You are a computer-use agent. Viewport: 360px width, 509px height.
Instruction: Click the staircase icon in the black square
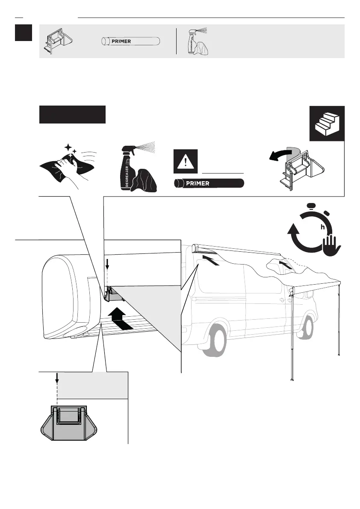coord(327,123)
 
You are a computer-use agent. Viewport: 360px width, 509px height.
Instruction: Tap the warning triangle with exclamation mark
coord(186,161)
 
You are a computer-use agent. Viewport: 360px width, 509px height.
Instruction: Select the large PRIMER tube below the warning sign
coord(209,183)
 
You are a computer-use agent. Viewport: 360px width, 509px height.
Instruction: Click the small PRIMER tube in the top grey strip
coord(130,41)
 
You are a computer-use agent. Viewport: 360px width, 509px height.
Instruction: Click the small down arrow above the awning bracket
coord(107,264)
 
